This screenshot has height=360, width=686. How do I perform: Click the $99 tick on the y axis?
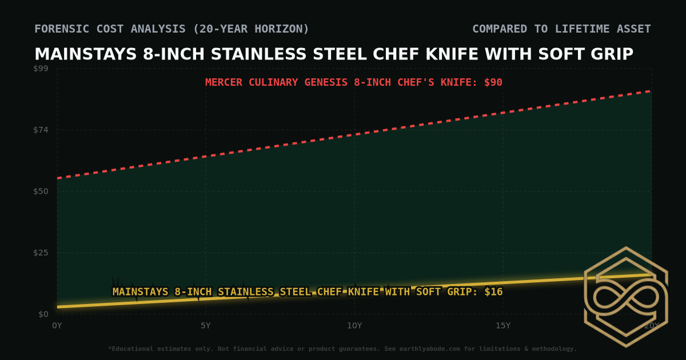[x=42, y=69]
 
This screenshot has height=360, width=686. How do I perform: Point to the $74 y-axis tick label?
[x=42, y=130]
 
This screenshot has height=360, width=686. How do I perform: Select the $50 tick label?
[x=42, y=191]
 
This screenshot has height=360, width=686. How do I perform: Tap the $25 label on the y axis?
[x=42, y=253]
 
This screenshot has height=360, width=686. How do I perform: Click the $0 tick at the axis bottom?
[x=44, y=314]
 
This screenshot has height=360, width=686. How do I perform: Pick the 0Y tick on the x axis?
[x=57, y=326]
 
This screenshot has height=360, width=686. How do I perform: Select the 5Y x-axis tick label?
[x=206, y=326]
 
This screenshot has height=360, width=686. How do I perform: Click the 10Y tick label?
[x=354, y=326]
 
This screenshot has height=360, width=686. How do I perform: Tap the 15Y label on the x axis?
[x=503, y=326]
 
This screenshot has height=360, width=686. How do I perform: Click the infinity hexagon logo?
[x=625, y=297]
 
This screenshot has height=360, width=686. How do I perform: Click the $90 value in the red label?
[x=493, y=82]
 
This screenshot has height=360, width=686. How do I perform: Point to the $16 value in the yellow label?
[x=493, y=292]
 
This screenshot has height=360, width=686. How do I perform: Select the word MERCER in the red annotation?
[x=224, y=82]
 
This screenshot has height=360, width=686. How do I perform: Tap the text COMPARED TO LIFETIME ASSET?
[x=561, y=29]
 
